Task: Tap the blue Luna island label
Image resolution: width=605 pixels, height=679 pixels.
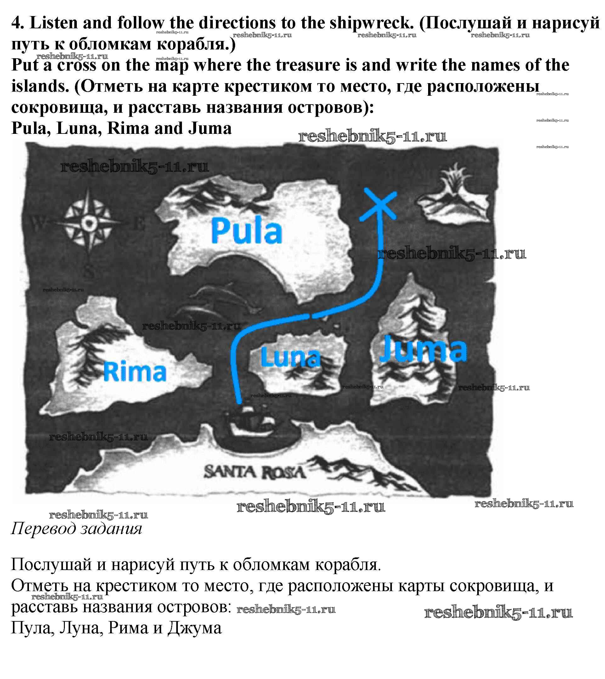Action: click(291, 357)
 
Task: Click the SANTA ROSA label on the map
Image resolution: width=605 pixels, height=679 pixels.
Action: click(254, 472)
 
